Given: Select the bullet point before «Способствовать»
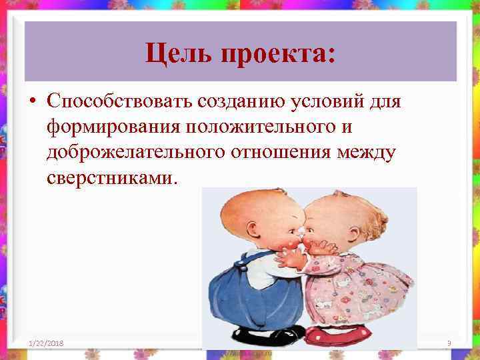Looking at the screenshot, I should [x=33, y=101].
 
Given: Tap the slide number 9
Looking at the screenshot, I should [x=449, y=343].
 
